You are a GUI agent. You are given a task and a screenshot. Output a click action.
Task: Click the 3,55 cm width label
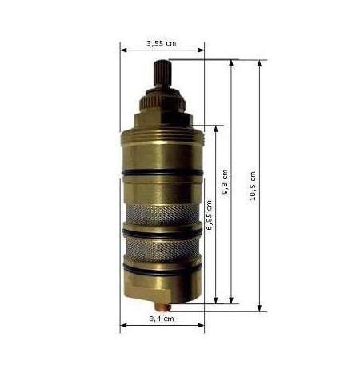point(162,43)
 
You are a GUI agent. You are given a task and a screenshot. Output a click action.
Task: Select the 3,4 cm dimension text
point(162,319)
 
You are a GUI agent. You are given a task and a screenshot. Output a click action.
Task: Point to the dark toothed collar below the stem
point(162,103)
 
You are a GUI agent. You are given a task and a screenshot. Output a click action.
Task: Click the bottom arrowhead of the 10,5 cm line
point(261,308)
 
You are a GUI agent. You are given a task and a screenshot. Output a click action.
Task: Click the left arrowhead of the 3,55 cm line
point(122,50)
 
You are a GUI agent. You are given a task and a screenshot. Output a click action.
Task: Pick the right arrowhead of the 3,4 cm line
point(202,326)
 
